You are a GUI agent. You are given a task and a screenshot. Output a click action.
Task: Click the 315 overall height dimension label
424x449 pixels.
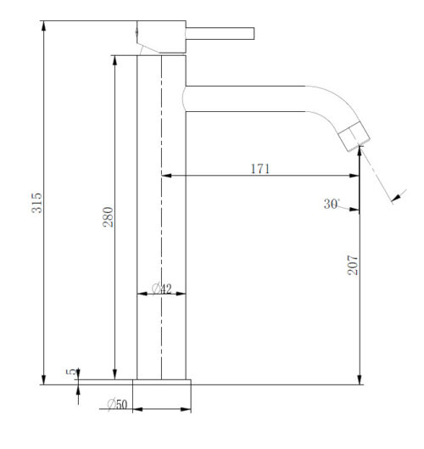[36, 203]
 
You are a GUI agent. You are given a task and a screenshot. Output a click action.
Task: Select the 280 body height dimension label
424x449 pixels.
[109, 217]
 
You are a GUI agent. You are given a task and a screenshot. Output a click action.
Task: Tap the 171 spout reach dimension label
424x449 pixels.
[260, 169]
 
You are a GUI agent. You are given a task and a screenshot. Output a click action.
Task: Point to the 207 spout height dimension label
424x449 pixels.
[353, 265]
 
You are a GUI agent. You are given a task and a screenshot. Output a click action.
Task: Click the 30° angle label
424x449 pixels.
[332, 204]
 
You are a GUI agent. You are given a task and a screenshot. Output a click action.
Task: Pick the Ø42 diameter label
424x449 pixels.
[162, 289]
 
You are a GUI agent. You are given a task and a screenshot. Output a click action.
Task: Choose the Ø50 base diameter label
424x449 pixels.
[117, 404]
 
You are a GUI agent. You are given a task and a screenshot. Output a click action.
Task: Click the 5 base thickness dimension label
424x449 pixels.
[71, 372]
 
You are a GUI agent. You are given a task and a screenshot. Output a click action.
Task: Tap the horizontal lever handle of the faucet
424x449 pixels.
[220, 33]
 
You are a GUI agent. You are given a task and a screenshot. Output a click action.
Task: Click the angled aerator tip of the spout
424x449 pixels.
[354, 137]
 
